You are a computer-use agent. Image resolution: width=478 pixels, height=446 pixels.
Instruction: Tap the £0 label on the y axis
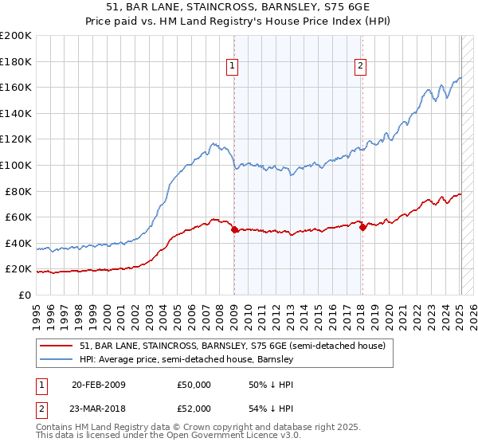click(23, 295)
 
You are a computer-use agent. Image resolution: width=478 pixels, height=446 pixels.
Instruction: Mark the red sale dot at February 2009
click(234, 230)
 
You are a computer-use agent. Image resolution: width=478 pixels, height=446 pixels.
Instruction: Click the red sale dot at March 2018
click(362, 228)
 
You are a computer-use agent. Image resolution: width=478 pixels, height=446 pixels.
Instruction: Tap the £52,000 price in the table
click(194, 408)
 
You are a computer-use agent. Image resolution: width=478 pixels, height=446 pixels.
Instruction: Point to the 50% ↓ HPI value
click(270, 385)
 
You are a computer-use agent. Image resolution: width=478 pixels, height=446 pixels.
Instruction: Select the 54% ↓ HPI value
click(270, 408)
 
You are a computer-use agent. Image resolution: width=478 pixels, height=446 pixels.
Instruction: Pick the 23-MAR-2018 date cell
click(99, 408)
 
